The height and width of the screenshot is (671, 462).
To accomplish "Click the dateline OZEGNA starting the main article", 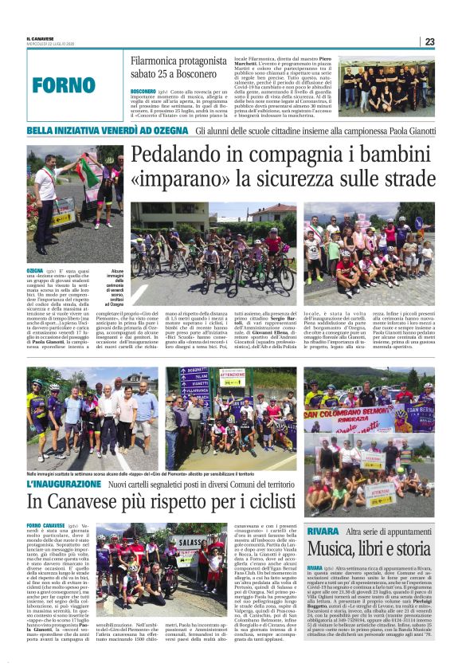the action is pos(35,271).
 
